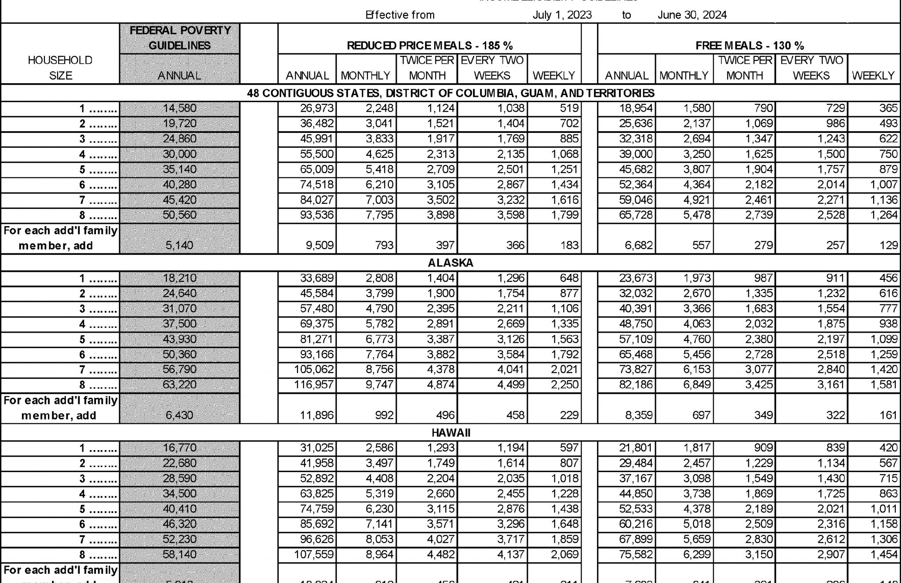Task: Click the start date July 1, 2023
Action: (x=562, y=15)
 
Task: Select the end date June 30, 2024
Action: (x=692, y=15)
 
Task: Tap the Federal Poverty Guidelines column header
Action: (x=179, y=38)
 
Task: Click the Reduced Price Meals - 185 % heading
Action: (x=429, y=45)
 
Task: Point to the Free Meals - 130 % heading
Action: (x=749, y=45)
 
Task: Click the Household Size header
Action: (x=60, y=68)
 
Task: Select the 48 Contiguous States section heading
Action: (x=450, y=93)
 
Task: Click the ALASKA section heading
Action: (x=450, y=263)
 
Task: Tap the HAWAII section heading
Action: (x=450, y=433)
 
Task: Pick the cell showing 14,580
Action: (x=179, y=108)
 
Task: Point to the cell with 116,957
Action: (x=314, y=385)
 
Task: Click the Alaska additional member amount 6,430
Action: (x=179, y=415)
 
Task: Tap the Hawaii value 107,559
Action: (x=314, y=555)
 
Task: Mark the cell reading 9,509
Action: (x=320, y=245)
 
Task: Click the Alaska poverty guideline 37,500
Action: (x=179, y=324)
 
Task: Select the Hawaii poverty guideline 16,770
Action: (x=179, y=448)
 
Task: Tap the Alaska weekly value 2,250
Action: (x=564, y=385)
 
